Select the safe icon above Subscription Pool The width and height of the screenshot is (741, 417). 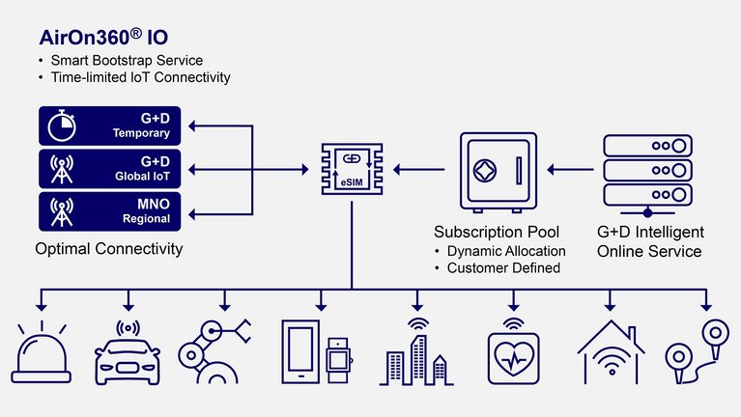[495, 172]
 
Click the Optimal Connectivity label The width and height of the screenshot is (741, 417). [108, 249]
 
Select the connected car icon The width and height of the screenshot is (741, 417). [129, 352]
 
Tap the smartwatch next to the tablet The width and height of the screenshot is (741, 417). [337, 359]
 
